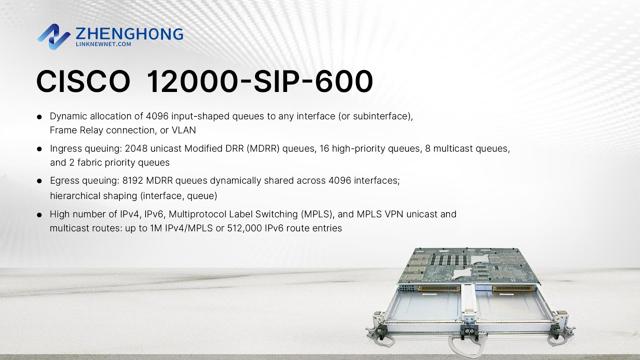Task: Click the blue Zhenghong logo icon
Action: point(53,36)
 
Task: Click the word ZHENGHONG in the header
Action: point(129,34)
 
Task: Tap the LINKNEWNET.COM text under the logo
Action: point(103,44)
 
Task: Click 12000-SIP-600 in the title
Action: point(259,81)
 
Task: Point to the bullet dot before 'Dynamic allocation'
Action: point(39,117)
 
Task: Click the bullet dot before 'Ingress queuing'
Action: point(39,149)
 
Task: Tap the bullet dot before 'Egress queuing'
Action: point(39,181)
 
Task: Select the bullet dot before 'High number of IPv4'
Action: point(39,214)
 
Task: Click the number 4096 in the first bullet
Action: point(157,116)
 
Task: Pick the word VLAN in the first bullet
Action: point(184,130)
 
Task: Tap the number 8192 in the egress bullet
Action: point(133,180)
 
